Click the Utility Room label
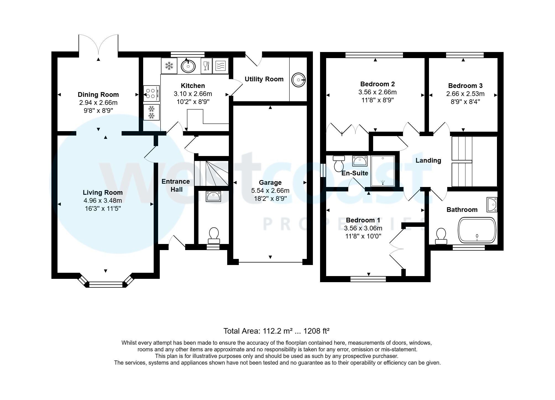(264, 79)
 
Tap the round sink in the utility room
(299, 80)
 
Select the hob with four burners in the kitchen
(151, 93)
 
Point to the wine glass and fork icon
(206, 66)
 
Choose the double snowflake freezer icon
(151, 112)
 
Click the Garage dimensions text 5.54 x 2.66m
(270, 191)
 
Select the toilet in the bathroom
(441, 236)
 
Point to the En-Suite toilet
(339, 163)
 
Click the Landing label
(428, 160)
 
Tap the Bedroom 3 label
(465, 86)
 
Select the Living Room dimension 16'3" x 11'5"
(103, 209)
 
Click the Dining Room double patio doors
(98, 44)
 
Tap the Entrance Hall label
(176, 185)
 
